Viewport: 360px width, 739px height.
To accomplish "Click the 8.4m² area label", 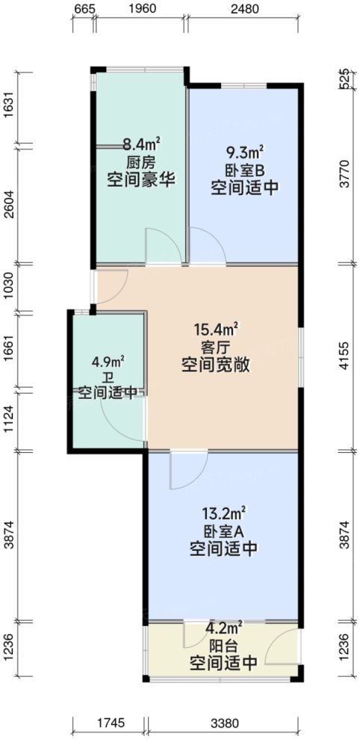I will [141, 145].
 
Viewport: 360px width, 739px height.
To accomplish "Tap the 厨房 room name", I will [141, 163].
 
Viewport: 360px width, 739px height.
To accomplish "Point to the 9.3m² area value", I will [244, 151].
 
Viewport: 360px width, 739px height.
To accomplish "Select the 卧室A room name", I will [225, 531].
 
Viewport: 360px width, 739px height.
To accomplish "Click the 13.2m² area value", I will [225, 513].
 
